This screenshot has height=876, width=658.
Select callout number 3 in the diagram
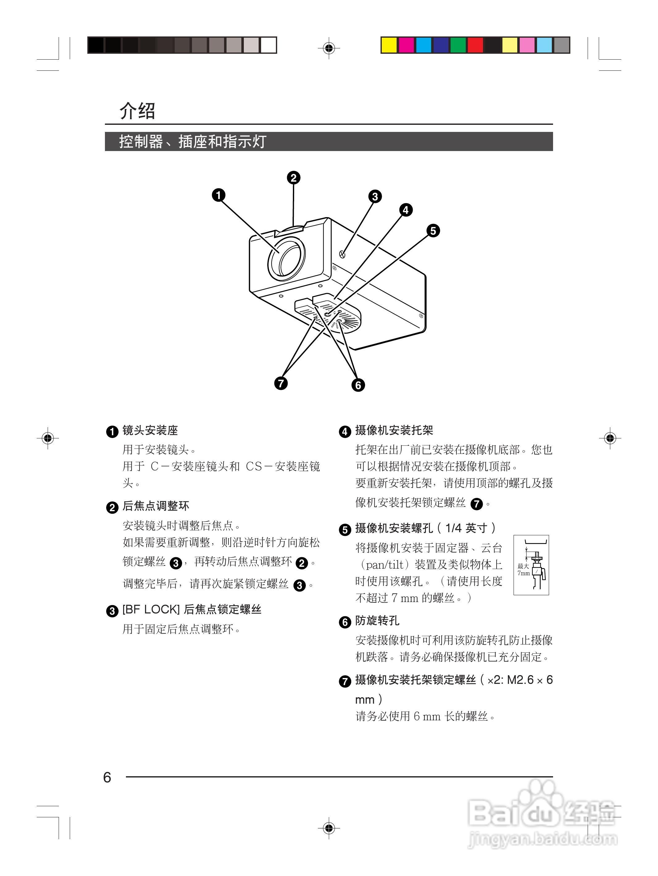coord(375,196)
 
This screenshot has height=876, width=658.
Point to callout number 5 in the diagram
coord(433,230)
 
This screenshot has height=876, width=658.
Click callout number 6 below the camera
coord(358,385)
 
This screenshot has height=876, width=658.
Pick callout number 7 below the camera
coord(281,383)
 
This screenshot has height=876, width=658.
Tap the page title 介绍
coord(137,111)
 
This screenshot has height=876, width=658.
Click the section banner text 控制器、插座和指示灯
coord(193,141)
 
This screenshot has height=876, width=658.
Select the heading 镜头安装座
coord(150,431)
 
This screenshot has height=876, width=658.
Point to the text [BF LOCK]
coord(151,609)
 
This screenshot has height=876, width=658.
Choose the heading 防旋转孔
coord(377,621)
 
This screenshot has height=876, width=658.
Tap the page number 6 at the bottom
coord(107,777)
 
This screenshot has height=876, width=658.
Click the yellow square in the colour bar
coord(389,45)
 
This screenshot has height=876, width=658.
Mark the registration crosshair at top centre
coord(329,48)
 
